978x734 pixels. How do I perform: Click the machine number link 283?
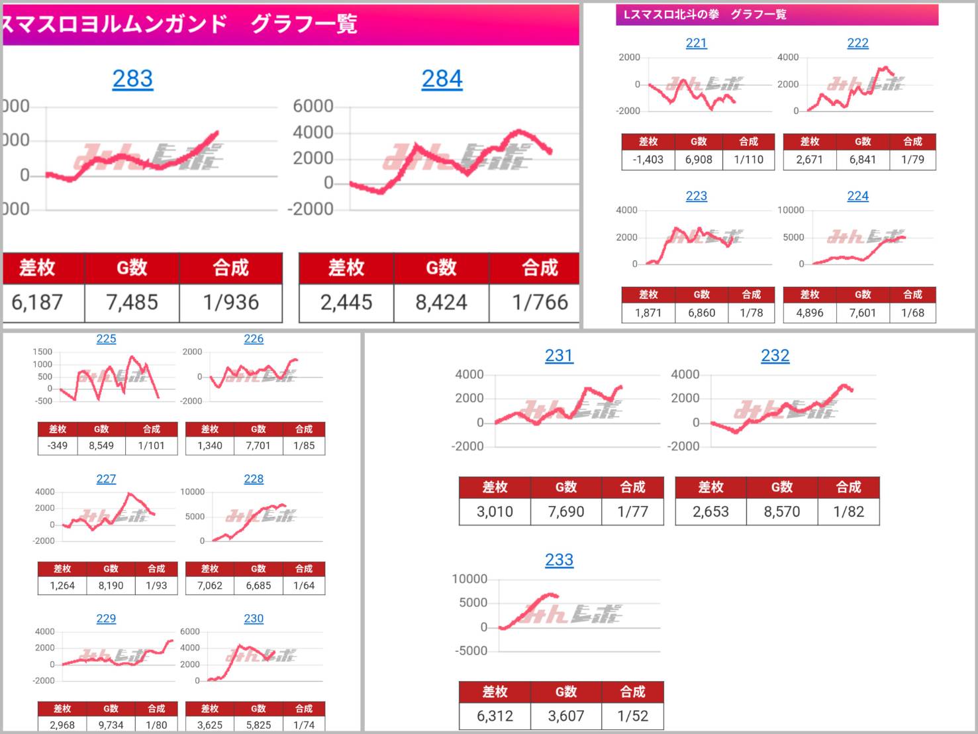point(132,79)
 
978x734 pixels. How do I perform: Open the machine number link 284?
point(442,79)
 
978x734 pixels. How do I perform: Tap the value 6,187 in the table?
point(38,303)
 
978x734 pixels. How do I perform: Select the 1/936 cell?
point(230,303)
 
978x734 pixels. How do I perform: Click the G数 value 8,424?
point(441,303)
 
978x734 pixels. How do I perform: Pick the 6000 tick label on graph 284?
point(313,106)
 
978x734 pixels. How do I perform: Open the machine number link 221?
point(696,43)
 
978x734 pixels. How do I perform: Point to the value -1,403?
point(648,160)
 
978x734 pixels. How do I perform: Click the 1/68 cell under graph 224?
point(912,313)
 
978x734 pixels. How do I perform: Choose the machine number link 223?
point(696,196)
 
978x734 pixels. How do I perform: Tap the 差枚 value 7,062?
point(210,586)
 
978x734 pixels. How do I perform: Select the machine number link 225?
point(106,339)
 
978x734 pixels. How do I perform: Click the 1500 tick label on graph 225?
point(42,352)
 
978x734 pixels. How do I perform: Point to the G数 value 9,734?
point(111,725)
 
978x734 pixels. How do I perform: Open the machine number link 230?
point(254,619)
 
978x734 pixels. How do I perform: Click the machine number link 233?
point(559,560)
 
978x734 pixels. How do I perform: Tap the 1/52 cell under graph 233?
point(632,716)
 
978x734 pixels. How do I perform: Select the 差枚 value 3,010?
point(495,512)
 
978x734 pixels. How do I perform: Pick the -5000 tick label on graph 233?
point(469,651)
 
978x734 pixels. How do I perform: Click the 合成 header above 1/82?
point(848,488)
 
